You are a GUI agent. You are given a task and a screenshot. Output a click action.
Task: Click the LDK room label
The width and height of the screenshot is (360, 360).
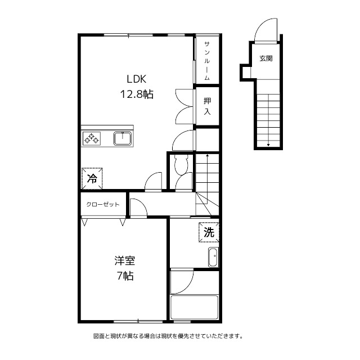(x=137, y=79)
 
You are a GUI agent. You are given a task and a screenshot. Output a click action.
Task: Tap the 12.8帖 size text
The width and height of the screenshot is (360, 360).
(x=137, y=94)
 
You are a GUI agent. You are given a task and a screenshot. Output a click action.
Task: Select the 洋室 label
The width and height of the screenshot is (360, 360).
(x=125, y=260)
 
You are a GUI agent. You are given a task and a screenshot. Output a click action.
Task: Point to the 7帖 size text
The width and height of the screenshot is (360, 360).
(x=125, y=276)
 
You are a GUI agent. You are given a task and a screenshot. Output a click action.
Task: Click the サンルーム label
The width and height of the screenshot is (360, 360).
(x=207, y=61)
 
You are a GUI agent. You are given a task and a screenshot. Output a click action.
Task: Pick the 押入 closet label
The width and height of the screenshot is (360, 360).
(x=207, y=106)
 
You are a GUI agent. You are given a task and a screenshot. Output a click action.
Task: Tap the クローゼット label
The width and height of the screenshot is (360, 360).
(x=103, y=204)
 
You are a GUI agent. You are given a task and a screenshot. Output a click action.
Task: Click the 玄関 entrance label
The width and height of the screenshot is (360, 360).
(x=266, y=58)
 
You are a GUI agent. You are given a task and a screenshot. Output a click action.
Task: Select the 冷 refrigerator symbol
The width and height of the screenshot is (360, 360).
(x=92, y=178)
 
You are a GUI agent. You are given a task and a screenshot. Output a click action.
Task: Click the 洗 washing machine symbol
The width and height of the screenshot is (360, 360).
(x=209, y=232)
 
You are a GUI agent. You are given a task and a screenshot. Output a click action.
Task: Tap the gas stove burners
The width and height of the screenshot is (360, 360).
(x=91, y=138)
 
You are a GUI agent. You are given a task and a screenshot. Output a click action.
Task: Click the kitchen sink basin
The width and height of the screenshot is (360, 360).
(x=123, y=138)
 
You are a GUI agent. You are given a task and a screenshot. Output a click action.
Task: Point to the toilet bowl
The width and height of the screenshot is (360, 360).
(x=181, y=165)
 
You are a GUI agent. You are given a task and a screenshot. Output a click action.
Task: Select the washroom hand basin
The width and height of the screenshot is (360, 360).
(x=214, y=257)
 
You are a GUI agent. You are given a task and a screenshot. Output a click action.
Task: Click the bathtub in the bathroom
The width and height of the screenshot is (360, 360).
(x=194, y=307)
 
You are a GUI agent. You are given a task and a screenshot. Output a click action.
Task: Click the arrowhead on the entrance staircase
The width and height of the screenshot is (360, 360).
(x=268, y=145)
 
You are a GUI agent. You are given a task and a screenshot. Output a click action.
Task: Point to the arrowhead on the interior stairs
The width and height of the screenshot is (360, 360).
(x=208, y=155)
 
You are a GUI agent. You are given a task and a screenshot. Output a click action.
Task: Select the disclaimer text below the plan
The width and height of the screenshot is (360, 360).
(x=168, y=336)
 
